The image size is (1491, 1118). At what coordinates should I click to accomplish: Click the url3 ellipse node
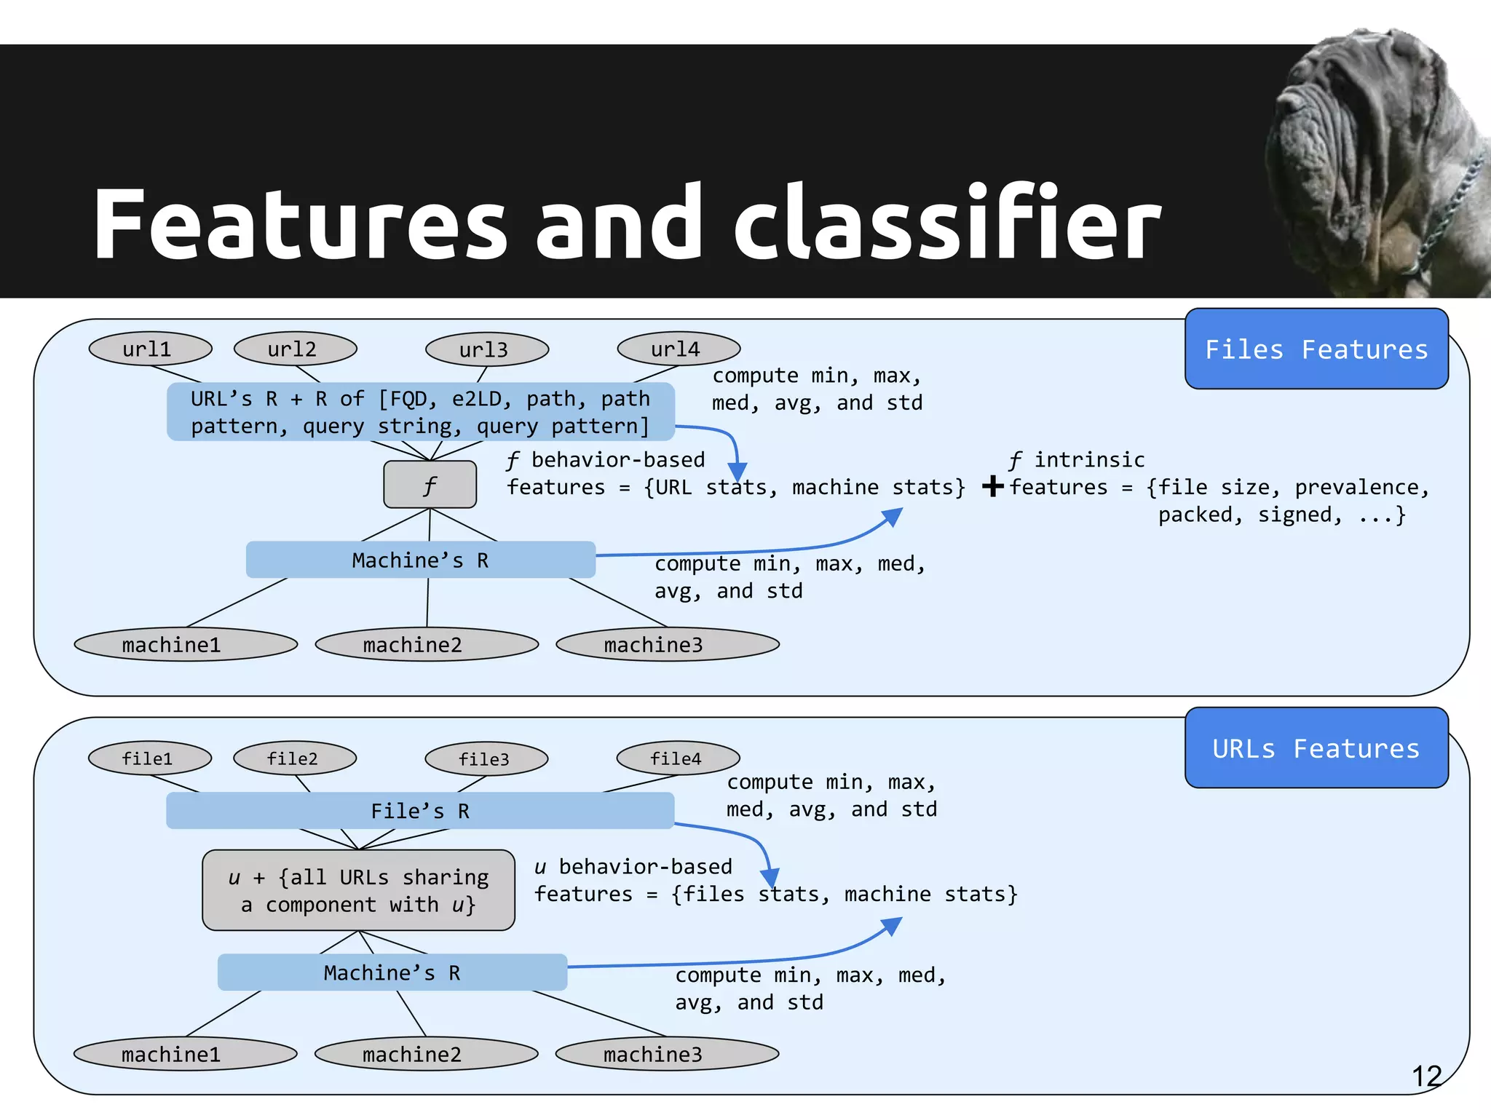pos(486,349)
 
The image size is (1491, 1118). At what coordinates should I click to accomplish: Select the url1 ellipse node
pos(150,349)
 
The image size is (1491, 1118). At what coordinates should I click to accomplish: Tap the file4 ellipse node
pos(678,758)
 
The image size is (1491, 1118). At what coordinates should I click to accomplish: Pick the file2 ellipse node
pos(294,758)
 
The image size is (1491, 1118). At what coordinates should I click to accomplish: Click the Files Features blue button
pos(1316,349)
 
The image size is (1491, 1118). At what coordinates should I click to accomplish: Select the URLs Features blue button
pos(1316,748)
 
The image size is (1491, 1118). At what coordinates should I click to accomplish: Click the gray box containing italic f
pos(430,485)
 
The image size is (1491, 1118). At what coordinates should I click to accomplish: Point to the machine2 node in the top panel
pos(427,645)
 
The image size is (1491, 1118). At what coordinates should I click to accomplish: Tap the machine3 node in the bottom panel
pos(667,1054)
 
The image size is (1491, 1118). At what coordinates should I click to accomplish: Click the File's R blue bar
pos(420,811)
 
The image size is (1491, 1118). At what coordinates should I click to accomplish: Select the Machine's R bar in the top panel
pos(420,560)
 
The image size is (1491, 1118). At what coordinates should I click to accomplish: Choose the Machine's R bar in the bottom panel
pos(392,972)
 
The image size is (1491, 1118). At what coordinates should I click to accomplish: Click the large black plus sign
pos(992,485)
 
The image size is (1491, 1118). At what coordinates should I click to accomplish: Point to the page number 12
pos(1426,1076)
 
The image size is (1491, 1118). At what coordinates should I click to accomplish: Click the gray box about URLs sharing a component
pos(358,890)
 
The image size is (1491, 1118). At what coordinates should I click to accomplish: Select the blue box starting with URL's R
pos(420,412)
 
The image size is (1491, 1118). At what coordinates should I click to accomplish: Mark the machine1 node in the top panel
pos(186,645)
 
